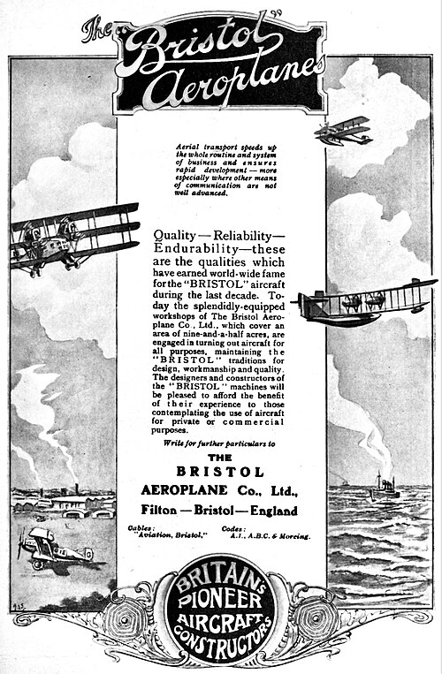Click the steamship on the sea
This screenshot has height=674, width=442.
pyautogui.click(x=382, y=486)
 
